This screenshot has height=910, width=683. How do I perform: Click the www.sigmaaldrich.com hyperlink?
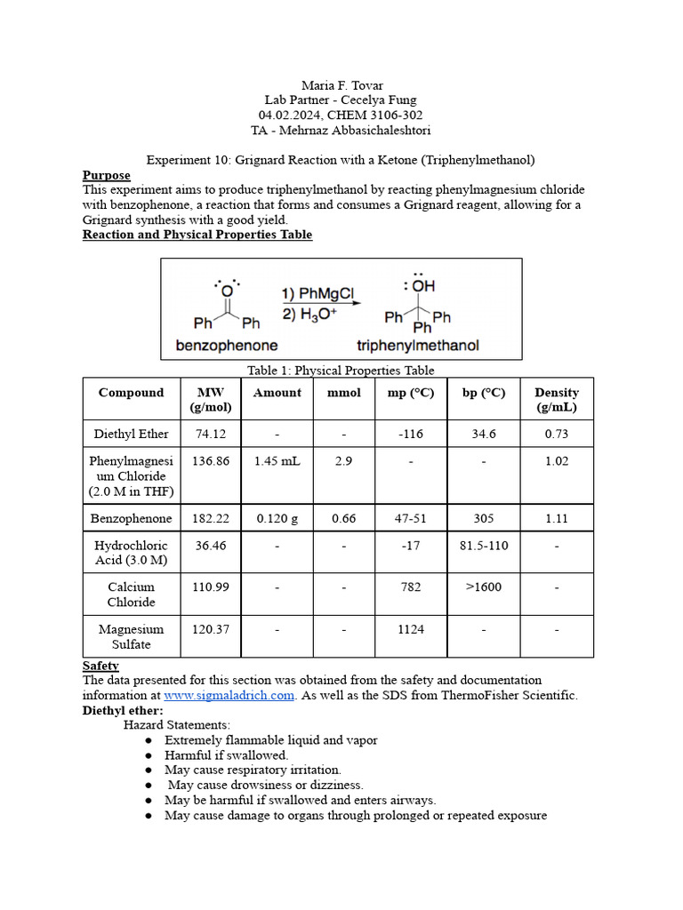229,695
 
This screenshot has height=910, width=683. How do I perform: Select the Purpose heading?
107,175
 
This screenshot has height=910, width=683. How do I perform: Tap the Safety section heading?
100,666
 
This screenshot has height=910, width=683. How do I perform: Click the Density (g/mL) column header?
557,400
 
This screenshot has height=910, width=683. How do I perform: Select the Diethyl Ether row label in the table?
131,435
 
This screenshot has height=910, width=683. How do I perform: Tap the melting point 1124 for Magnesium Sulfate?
410,629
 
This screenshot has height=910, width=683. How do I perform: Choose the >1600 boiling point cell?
484,587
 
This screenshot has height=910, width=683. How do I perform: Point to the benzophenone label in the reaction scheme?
228,345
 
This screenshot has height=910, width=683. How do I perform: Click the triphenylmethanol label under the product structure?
417,345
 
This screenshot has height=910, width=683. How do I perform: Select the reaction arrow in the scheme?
321,303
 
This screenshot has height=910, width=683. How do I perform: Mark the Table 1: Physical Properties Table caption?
341,371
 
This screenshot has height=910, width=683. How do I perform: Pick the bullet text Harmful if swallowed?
226,754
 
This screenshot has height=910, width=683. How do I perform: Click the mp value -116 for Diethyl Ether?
410,435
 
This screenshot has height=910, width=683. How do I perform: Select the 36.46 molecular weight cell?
211,545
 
